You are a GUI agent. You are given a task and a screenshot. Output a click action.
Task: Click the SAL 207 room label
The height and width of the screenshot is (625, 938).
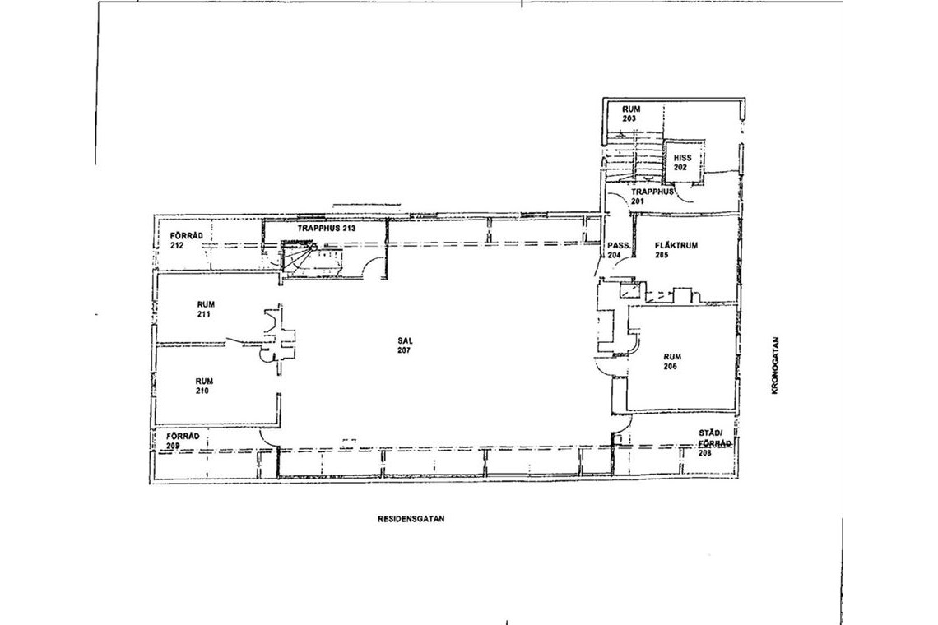403,345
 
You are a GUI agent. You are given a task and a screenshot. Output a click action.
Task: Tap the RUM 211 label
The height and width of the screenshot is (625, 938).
204,309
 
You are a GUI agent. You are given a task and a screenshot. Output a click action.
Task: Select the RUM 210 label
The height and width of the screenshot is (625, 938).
203,386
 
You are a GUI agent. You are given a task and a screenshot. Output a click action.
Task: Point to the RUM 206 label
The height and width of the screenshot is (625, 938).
671,362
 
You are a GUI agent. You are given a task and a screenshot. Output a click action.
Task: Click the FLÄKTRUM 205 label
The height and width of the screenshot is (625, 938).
676,250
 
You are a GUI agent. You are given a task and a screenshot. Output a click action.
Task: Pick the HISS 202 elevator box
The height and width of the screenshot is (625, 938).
682,159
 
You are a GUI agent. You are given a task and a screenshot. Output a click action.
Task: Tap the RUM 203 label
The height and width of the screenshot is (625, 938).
631,113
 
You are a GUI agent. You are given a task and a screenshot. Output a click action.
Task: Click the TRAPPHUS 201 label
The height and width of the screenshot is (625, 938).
652,197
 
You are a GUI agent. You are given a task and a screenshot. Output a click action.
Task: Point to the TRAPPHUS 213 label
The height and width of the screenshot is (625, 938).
327,228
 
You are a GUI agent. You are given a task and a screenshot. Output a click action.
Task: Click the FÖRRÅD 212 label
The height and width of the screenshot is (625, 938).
186,240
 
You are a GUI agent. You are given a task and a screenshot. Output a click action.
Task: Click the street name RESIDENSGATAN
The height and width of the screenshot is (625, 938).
411,519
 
